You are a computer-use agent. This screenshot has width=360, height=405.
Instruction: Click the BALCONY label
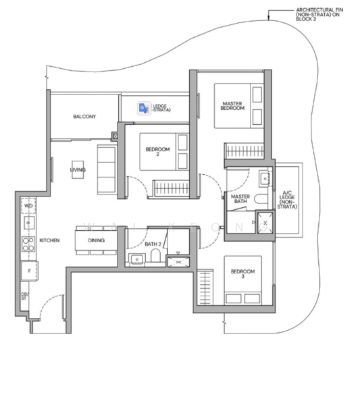[84, 117]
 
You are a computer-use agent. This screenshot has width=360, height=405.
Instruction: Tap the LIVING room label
[78, 169]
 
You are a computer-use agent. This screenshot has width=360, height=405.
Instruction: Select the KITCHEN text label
[50, 240]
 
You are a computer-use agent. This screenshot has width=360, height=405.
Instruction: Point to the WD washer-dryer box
[28, 205]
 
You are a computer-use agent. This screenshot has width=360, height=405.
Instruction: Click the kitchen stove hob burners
[28, 244]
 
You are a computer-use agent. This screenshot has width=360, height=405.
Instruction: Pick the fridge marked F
[28, 270]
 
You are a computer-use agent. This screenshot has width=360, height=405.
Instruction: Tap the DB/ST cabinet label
[25, 296]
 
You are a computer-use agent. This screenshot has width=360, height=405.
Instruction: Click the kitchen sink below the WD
[28, 222]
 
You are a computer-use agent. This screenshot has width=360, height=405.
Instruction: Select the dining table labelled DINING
[96, 240]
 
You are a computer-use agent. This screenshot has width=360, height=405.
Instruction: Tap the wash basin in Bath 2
[138, 259]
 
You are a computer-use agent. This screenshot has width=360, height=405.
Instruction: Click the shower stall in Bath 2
[179, 259]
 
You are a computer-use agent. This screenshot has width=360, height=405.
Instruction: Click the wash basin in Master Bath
[265, 178]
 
